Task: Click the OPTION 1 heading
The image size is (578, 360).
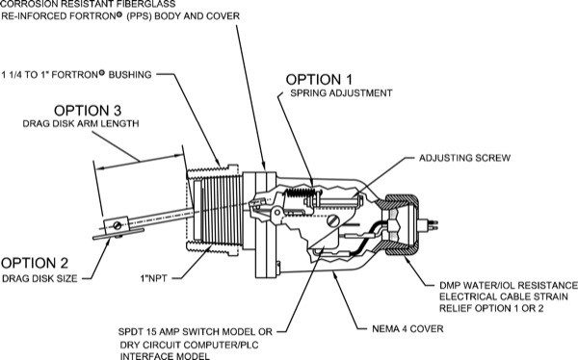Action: click(x=319, y=80)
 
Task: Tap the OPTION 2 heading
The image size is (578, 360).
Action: click(x=35, y=263)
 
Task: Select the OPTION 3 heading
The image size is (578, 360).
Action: click(x=88, y=111)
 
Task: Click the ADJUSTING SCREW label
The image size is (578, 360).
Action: click(x=464, y=158)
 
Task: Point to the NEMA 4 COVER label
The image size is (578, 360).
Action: click(x=407, y=328)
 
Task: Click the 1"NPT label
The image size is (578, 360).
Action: click(x=153, y=278)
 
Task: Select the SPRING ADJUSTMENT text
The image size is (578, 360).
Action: click(x=341, y=93)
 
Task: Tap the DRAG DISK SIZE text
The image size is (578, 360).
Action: click(x=39, y=278)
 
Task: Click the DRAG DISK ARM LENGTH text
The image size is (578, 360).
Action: click(x=81, y=123)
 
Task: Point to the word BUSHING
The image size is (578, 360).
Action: click(x=130, y=75)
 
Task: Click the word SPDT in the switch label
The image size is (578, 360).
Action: click(x=130, y=332)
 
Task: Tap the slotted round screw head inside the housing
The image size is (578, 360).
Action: click(x=333, y=221)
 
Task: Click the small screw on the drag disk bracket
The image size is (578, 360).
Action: click(x=118, y=225)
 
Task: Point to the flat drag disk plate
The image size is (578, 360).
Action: click(x=118, y=234)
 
